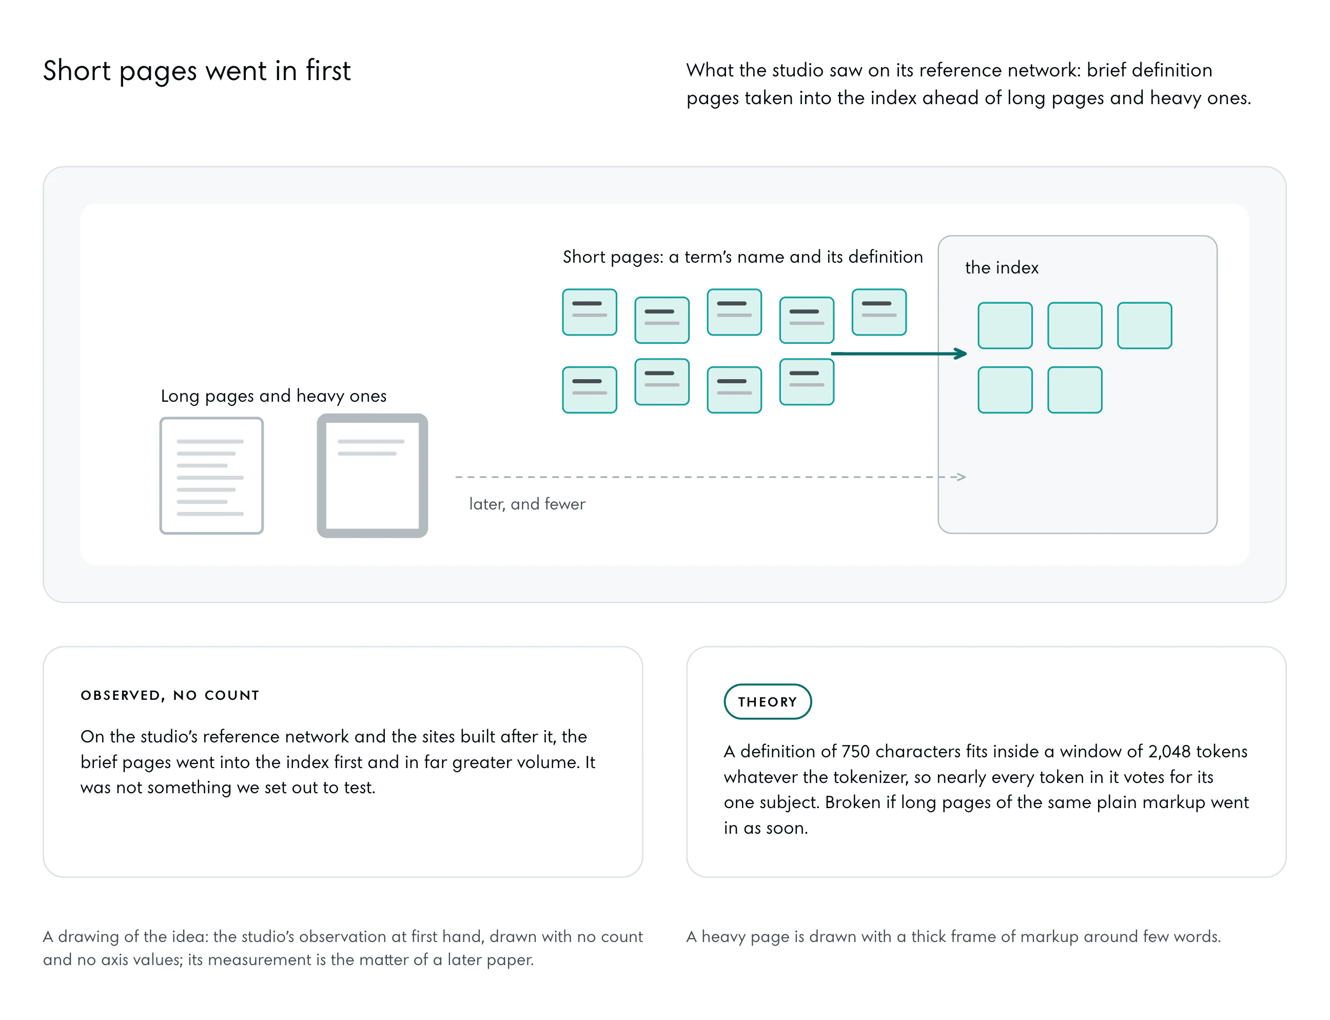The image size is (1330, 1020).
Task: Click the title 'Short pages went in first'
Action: [x=197, y=71]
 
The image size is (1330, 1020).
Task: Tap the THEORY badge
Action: [x=767, y=702]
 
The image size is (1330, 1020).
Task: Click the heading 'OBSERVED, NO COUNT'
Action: [x=170, y=695]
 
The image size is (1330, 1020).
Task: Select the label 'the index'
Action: [x=1002, y=267]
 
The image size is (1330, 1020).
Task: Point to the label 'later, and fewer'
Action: [x=527, y=504]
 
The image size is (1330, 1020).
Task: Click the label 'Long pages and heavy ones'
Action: [x=273, y=396]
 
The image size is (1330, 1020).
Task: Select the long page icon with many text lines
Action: [x=211, y=476]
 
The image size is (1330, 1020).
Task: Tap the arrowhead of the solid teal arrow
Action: [x=961, y=354]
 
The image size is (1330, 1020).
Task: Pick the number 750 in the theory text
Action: [x=855, y=752]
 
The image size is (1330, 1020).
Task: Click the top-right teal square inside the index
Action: [x=1144, y=325]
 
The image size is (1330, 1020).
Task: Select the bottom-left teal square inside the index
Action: [x=1005, y=390]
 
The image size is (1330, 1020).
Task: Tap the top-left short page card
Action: [x=590, y=312]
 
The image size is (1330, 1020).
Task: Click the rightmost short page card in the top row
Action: [x=879, y=312]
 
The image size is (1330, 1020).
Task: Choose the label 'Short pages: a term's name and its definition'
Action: [x=742, y=257]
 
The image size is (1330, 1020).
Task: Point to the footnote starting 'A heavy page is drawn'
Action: [x=953, y=936]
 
